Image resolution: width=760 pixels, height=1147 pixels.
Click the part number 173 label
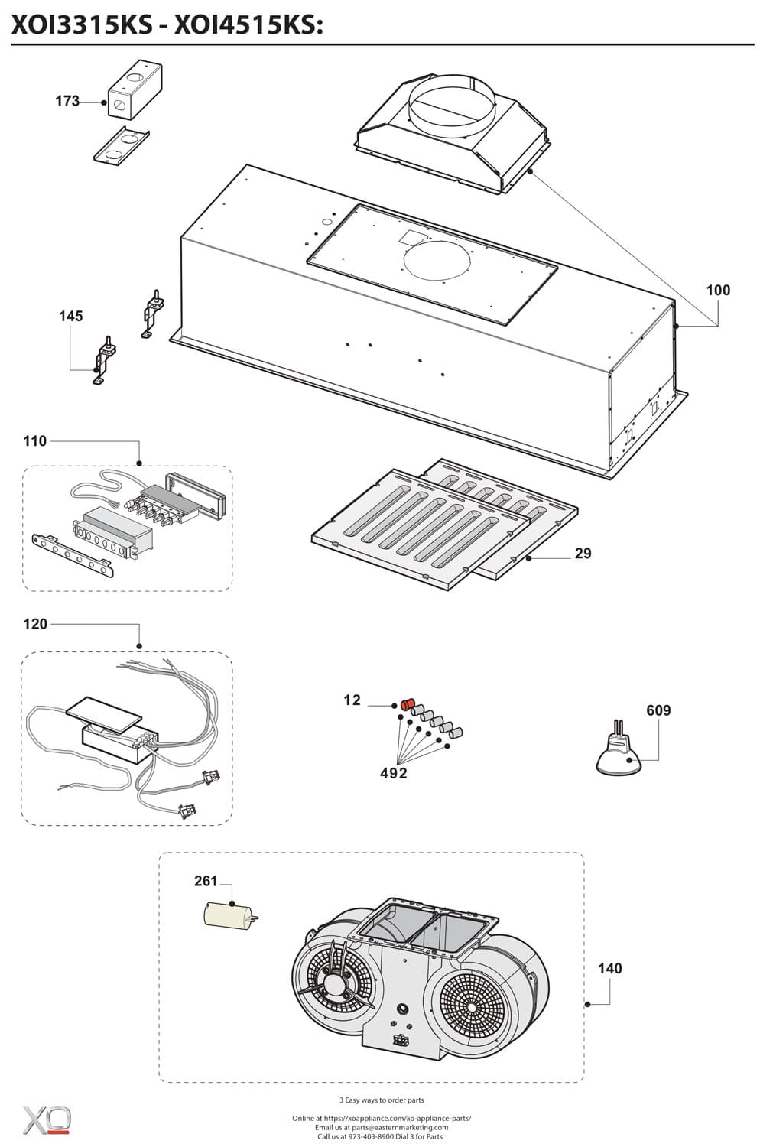click(x=67, y=101)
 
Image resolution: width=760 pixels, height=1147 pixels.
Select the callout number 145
click(x=71, y=316)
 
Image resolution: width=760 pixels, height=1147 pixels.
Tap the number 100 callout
click(x=717, y=290)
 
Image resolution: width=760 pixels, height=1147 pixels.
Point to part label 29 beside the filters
click(x=583, y=553)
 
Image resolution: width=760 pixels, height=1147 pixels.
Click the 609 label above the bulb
click(x=658, y=710)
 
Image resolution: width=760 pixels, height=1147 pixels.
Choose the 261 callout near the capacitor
click(x=206, y=881)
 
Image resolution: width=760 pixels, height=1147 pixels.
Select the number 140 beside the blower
click(x=609, y=968)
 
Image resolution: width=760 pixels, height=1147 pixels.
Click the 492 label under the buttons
click(x=394, y=773)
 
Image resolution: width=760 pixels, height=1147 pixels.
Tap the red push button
click(x=408, y=703)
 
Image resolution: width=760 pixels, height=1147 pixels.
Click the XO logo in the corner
click(x=47, y=1119)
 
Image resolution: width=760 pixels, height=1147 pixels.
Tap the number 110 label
click(x=35, y=441)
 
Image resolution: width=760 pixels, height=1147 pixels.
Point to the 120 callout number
click(x=35, y=624)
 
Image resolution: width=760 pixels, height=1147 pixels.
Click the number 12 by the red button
click(x=352, y=700)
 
